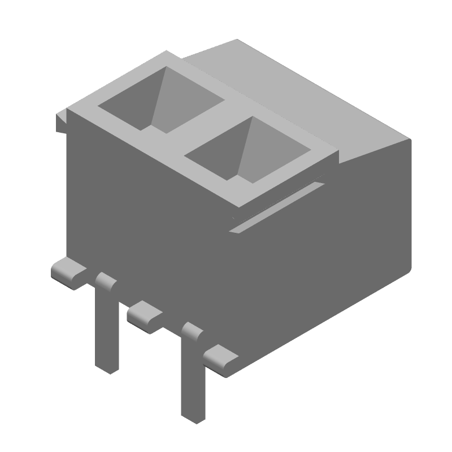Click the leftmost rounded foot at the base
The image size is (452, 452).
(x=68, y=272)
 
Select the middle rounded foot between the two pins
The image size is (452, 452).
(x=144, y=316)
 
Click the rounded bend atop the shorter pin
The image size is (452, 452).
(x=105, y=280)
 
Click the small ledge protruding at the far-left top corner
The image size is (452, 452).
(x=60, y=121)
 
